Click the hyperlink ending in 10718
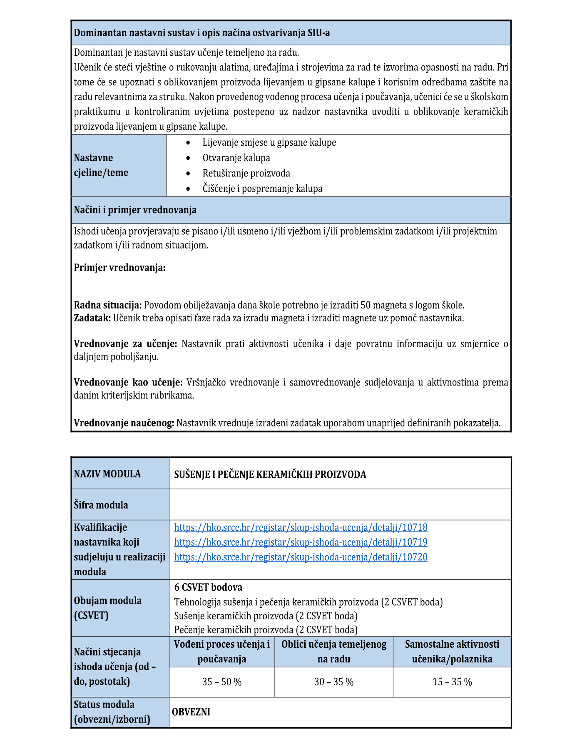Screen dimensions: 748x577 tap(301, 527)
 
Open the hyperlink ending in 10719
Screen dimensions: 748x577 tap(301, 542)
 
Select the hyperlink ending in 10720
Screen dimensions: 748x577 tap(301, 557)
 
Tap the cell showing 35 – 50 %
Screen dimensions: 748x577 tap(222, 682)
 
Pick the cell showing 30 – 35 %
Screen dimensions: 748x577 tap(334, 682)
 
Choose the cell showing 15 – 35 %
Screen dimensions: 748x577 tap(452, 682)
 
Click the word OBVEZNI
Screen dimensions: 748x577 tap(191, 712)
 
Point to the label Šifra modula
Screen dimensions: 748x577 tap(101, 505)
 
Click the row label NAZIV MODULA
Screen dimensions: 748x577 tap(107, 474)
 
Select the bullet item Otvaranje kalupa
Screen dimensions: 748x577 tap(236, 158)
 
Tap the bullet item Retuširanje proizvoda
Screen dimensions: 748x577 tap(246, 173)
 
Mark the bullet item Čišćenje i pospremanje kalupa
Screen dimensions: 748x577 tap(262, 189)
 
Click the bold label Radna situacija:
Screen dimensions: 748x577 tap(108, 305)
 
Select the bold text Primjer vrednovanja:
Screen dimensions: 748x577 tap(119, 268)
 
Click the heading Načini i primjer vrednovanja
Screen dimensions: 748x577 tap(135, 210)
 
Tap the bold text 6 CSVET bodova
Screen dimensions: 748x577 tap(208, 587)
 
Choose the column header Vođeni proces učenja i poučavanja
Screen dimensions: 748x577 tap(222, 651)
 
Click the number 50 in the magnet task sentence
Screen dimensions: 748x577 tap(366, 305)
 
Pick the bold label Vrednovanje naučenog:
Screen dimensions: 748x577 tap(124, 423)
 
